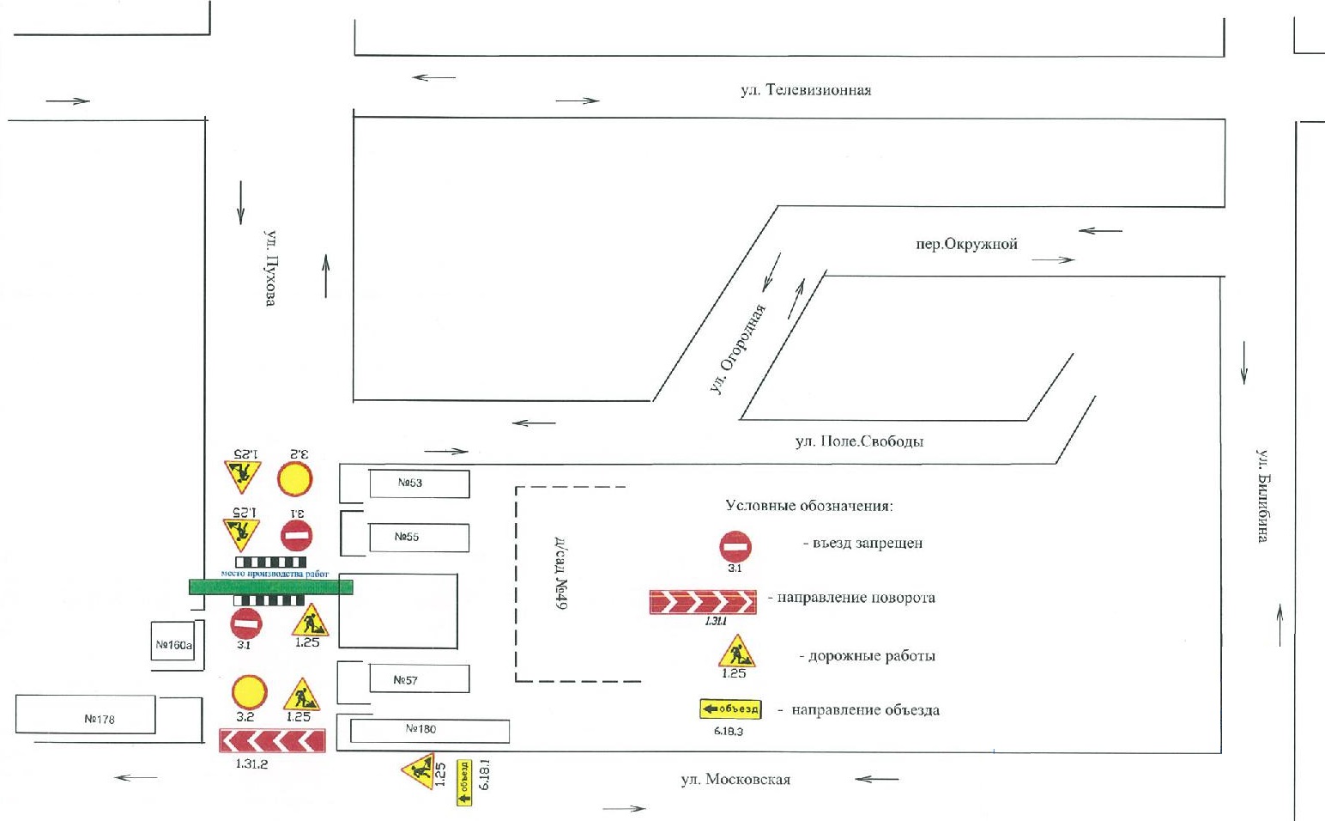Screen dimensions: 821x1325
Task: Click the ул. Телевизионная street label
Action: [806, 90]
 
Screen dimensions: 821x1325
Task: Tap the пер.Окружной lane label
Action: [966, 244]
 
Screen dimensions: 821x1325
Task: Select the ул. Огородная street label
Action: [737, 350]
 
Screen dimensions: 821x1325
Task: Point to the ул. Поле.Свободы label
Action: [859, 441]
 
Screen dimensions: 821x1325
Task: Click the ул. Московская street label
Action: [735, 780]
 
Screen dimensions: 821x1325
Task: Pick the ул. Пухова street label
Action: [270, 268]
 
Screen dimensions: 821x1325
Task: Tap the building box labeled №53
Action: [419, 483]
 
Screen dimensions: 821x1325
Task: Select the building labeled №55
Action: [418, 538]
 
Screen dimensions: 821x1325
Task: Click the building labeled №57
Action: [418, 679]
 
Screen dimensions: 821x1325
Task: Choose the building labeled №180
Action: [429, 730]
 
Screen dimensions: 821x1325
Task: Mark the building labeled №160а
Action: [172, 642]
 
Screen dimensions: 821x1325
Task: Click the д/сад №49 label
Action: [560, 575]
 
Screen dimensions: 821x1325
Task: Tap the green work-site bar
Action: [271, 587]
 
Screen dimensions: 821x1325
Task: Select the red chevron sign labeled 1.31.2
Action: [272, 740]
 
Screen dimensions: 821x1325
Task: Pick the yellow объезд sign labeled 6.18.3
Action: [730, 709]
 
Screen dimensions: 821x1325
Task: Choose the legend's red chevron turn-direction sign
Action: [703, 602]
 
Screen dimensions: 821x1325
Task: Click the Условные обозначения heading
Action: [809, 506]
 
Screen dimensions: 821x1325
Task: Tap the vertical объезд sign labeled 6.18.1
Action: [464, 783]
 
